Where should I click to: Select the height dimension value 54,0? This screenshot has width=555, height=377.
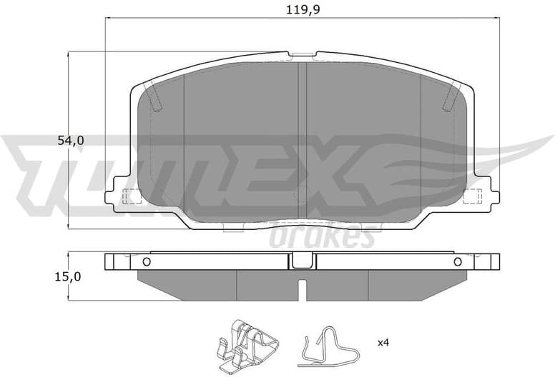(x=71, y=141)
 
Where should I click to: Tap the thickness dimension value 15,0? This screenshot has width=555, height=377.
(x=71, y=276)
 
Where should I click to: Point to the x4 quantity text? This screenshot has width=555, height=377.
(x=383, y=343)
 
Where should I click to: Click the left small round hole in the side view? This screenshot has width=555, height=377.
(x=147, y=261)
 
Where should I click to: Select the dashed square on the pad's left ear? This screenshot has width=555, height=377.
(x=131, y=195)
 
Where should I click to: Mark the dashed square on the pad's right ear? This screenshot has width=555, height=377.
(x=472, y=195)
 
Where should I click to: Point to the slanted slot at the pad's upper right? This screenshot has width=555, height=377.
(x=451, y=97)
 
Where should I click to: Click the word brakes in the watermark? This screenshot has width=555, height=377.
(x=322, y=236)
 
